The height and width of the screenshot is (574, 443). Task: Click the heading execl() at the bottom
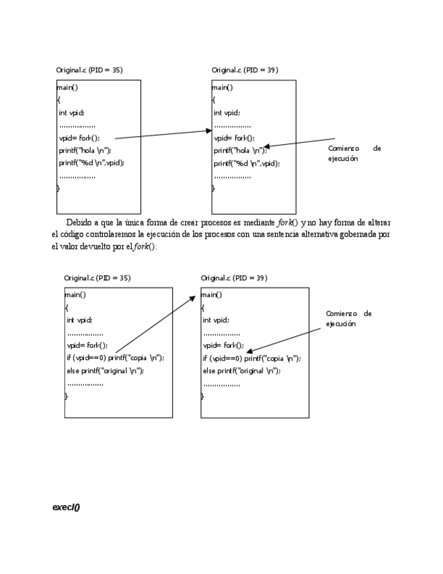(x=66, y=507)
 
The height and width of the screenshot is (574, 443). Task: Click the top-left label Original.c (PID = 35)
(x=89, y=70)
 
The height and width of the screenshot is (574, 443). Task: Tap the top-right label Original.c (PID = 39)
(x=244, y=70)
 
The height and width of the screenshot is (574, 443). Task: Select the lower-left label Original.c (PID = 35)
(x=97, y=278)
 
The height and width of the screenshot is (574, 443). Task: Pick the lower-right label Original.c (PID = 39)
(x=234, y=278)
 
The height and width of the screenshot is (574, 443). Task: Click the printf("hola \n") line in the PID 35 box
(x=85, y=150)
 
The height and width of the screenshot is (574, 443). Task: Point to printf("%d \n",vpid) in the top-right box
(x=246, y=163)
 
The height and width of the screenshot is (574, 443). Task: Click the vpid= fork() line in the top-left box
(x=79, y=137)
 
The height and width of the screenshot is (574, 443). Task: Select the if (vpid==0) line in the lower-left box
(x=115, y=357)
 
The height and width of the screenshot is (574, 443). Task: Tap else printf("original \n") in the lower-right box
(x=241, y=370)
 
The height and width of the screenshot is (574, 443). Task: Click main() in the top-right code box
(x=223, y=87)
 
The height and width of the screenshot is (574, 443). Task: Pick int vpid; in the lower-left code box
(x=79, y=319)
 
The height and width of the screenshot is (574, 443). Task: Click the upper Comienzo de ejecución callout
(x=354, y=153)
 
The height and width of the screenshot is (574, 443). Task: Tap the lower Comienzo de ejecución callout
(x=349, y=318)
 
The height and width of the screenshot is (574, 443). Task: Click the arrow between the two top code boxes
(x=162, y=134)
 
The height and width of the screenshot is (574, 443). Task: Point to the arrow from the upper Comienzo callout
(x=301, y=143)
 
